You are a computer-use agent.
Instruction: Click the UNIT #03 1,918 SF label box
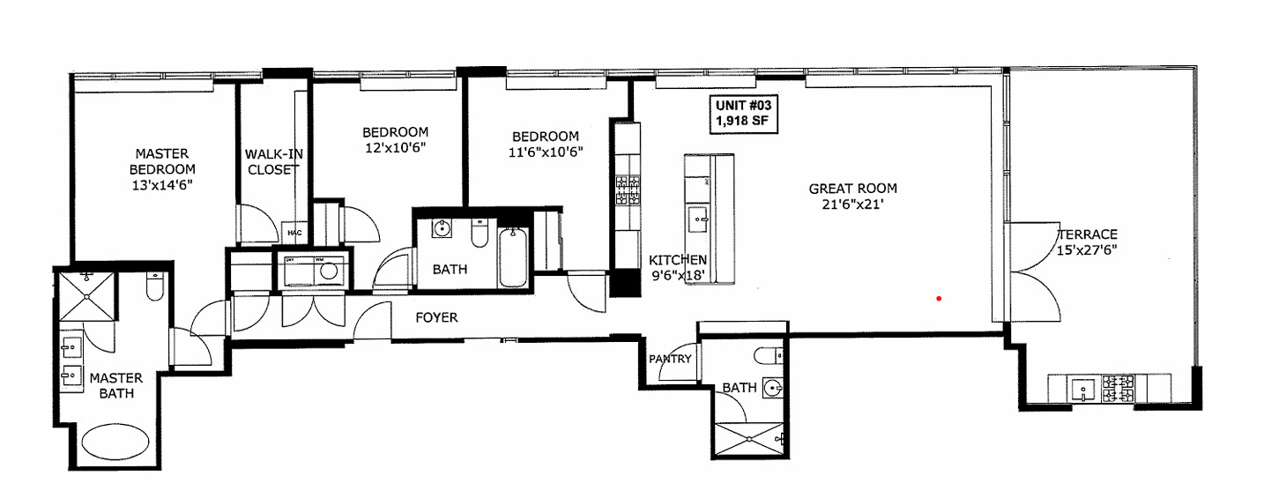click(x=745, y=115)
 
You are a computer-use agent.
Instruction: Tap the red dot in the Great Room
click(x=940, y=299)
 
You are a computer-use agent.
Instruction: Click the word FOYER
click(x=436, y=317)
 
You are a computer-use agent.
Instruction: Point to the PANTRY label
click(x=669, y=359)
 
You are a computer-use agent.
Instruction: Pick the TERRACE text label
click(x=1088, y=234)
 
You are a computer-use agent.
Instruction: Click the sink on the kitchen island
click(x=697, y=215)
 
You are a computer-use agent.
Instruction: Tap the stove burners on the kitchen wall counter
click(x=627, y=190)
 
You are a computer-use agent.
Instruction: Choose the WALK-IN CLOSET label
click(x=273, y=161)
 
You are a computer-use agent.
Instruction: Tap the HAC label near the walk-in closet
click(x=294, y=233)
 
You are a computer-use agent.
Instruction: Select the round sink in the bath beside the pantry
click(x=773, y=388)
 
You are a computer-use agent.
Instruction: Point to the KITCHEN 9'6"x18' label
click(x=677, y=267)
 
